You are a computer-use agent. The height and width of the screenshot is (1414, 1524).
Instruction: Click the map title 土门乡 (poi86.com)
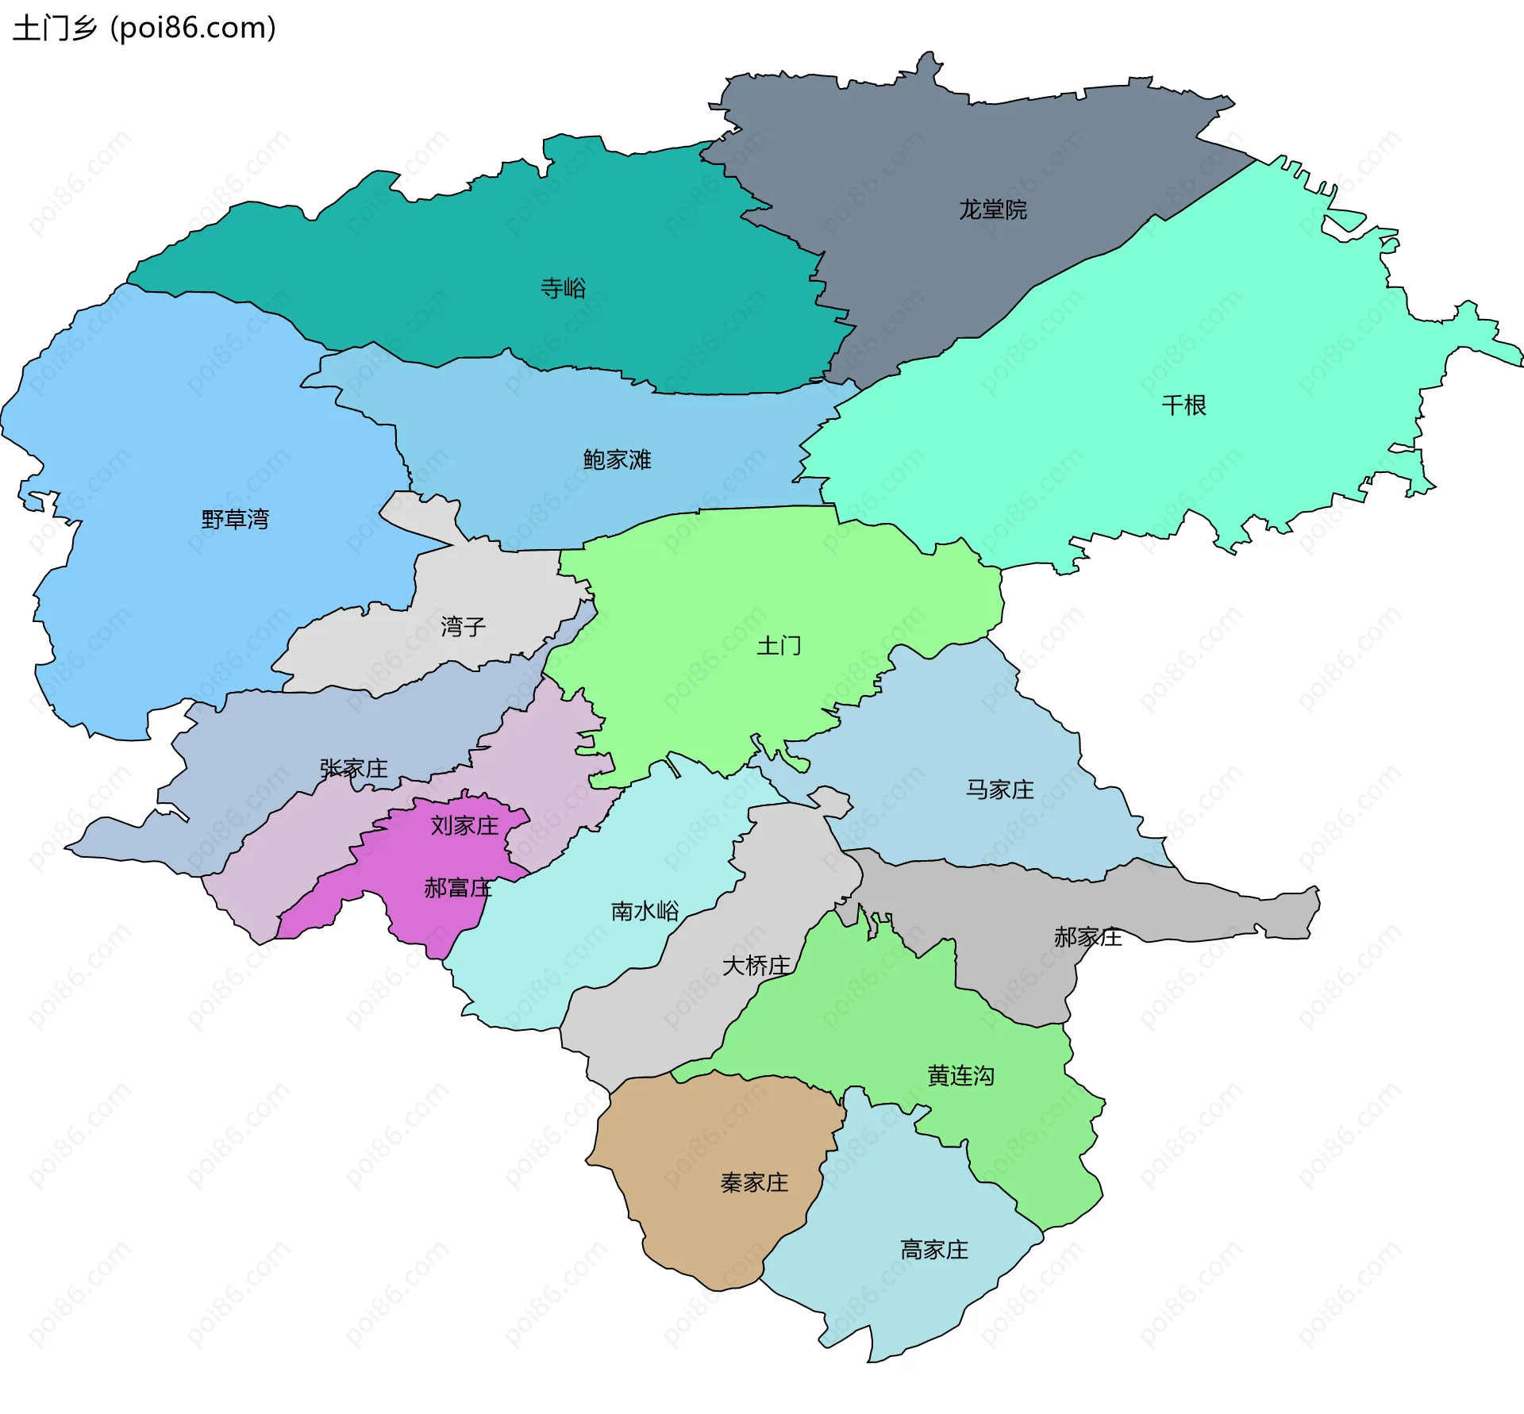click(144, 29)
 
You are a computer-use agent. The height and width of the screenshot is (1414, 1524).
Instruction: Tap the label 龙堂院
click(992, 209)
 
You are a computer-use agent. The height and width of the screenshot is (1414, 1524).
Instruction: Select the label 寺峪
click(563, 288)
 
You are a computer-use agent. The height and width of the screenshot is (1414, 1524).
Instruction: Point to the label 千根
click(1183, 405)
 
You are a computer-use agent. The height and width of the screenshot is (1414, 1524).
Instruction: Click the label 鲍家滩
click(617, 459)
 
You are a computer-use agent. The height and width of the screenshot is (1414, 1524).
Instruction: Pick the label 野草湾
click(235, 520)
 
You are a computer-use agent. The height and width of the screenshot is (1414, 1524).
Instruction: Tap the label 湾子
click(463, 627)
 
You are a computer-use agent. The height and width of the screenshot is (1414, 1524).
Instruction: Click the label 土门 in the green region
click(779, 646)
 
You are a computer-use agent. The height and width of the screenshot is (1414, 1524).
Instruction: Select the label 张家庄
click(353, 768)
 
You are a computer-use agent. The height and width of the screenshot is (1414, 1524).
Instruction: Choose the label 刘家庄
click(464, 826)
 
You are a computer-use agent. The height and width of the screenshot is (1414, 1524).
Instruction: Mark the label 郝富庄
click(458, 888)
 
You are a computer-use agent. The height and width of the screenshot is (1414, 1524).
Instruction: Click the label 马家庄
click(999, 790)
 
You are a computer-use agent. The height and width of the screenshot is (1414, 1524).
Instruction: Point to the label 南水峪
click(645, 911)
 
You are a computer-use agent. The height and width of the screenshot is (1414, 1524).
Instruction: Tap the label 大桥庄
click(756, 966)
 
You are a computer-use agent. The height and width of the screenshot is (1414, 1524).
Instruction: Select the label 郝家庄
click(1087, 937)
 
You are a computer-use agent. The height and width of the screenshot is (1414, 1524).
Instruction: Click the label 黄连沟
click(960, 1076)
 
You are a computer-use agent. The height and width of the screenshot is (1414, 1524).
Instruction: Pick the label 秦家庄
click(754, 1183)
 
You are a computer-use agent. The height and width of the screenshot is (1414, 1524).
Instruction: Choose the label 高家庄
click(934, 1251)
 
